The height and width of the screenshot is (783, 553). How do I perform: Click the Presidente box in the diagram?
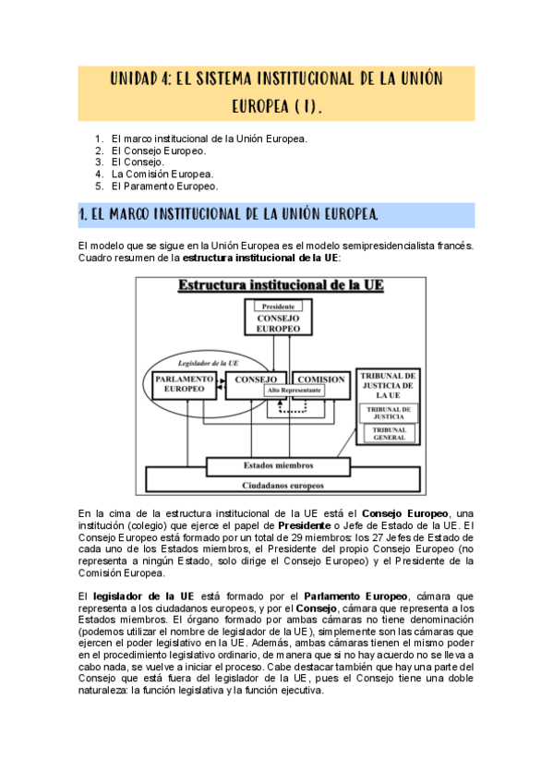coord(278,307)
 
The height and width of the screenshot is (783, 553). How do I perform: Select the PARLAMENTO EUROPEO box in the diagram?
coord(185,384)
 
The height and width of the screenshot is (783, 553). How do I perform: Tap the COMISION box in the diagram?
coord(321,379)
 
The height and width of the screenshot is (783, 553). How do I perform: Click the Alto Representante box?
coord(295,391)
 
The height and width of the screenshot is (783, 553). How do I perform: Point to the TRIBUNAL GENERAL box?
coord(389,433)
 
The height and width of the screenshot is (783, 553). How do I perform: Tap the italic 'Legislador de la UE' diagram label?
coord(201,363)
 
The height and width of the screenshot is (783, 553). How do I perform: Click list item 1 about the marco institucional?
coord(209,139)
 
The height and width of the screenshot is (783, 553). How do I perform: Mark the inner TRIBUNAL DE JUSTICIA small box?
coord(389,412)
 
